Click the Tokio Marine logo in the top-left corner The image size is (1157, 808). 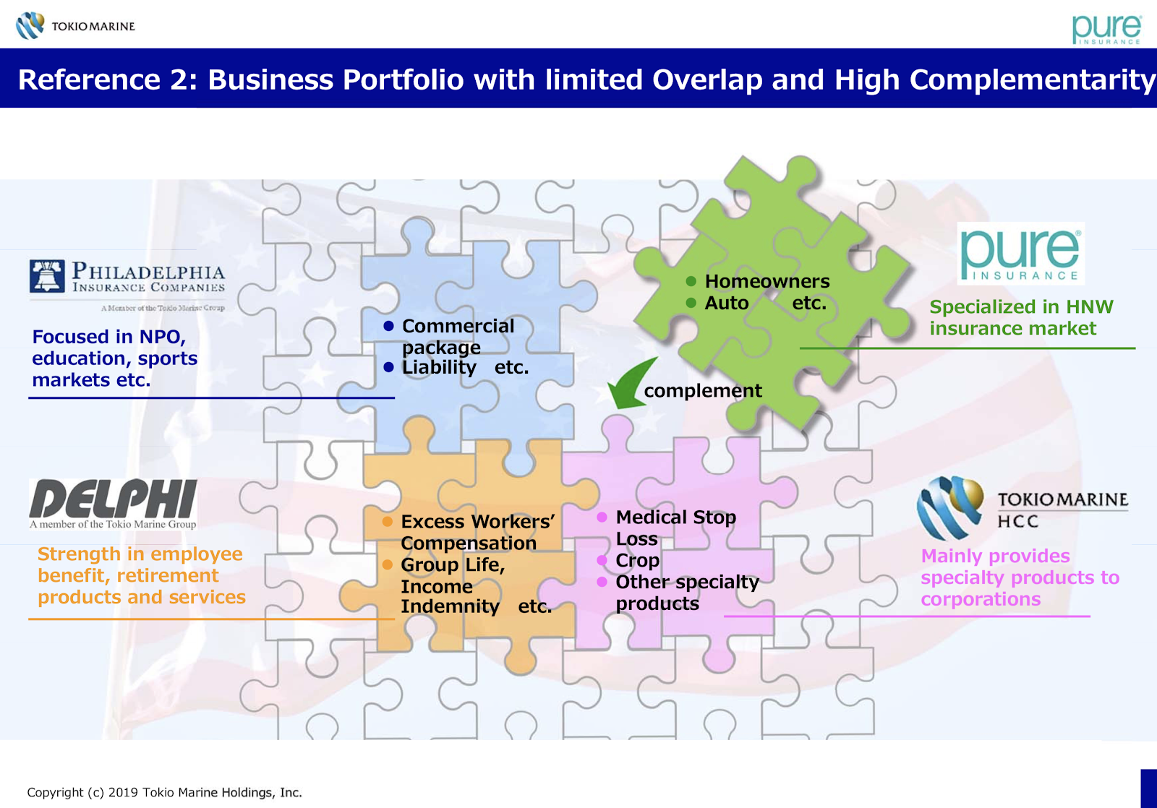75,26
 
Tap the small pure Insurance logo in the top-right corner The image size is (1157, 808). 1106,29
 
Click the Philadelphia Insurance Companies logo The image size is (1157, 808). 127,278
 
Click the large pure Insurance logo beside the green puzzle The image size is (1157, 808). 1020,254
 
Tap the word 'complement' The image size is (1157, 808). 702,391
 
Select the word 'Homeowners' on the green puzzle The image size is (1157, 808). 767,281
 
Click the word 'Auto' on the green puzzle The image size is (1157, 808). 727,303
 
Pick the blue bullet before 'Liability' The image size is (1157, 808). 388,368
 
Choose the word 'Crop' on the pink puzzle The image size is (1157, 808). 637,561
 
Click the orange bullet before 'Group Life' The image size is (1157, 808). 388,564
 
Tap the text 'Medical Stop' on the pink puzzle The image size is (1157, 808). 675,517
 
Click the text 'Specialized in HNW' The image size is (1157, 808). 1021,307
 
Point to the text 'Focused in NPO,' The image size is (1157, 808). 108,337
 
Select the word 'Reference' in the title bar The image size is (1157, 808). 89,79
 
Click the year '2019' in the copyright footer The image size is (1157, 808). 124,793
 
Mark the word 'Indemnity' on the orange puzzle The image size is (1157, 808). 450,606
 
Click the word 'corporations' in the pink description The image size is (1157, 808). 981,599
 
